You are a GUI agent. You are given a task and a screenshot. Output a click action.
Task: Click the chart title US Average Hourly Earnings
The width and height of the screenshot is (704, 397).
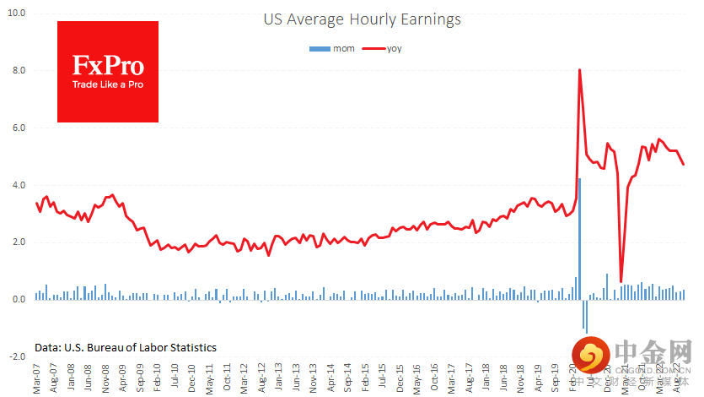pyautogui.click(x=362, y=19)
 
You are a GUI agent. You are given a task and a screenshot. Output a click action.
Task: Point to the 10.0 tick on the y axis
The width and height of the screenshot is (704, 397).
pyautogui.click(x=16, y=14)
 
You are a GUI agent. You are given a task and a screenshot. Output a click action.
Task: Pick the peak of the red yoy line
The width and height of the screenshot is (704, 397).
pyautogui.click(x=579, y=70)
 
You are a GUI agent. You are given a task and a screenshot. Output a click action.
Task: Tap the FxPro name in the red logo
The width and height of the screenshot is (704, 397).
pyautogui.click(x=107, y=66)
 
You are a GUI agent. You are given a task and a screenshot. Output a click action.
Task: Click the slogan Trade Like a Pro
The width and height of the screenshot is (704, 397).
pyautogui.click(x=107, y=84)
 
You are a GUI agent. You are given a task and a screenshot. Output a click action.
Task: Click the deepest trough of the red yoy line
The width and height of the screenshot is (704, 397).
pyautogui.click(x=621, y=281)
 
